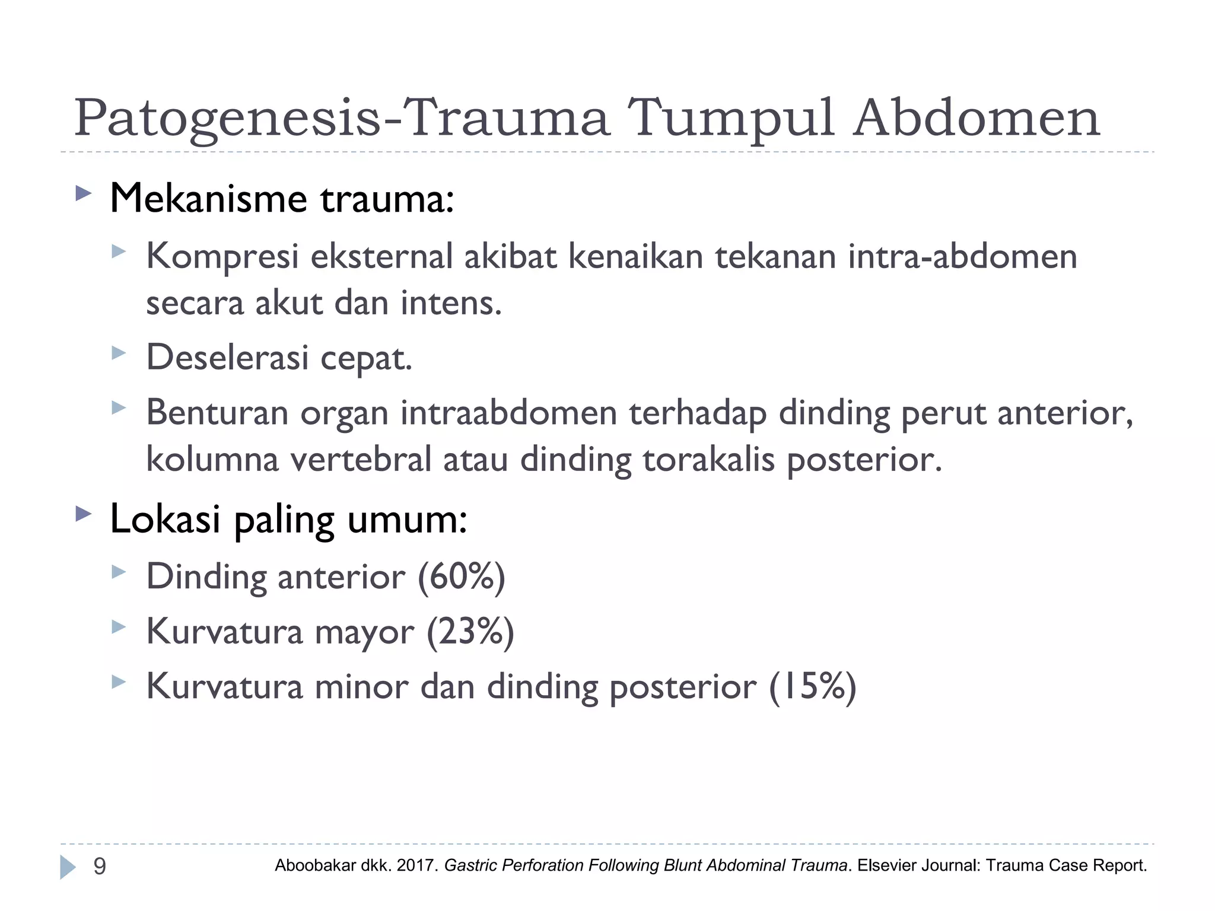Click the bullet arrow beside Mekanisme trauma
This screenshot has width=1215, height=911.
84,193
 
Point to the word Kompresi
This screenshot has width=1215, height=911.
222,257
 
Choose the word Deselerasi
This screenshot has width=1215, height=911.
227,358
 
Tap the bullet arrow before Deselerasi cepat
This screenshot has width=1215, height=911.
119,353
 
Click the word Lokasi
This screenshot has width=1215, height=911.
166,518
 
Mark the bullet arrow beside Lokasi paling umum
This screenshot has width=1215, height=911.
84,514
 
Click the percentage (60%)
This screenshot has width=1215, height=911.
462,576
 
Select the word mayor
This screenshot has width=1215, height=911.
364,632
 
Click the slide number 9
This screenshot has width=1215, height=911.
100,867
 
